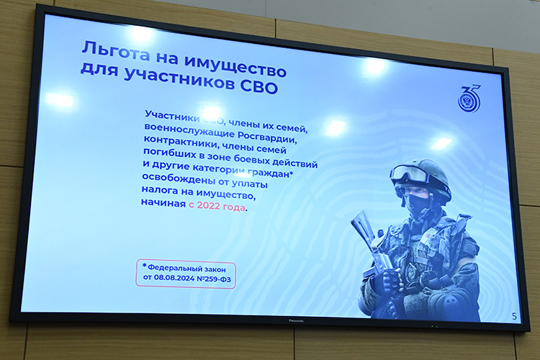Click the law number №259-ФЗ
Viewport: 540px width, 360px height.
[216, 279]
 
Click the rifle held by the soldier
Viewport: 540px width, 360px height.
[367, 238]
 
